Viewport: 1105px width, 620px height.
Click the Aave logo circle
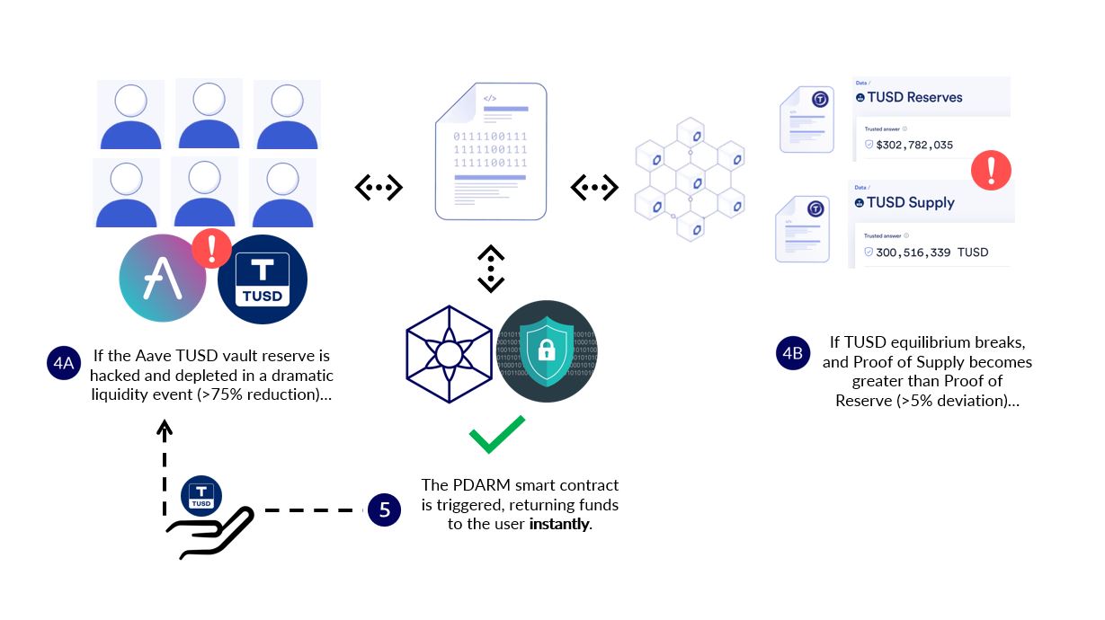(164, 277)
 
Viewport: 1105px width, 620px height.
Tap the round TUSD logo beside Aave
(262, 279)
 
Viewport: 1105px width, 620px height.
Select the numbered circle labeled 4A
(63, 364)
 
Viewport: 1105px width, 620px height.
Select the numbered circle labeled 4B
(792, 352)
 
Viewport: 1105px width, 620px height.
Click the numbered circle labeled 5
(384, 510)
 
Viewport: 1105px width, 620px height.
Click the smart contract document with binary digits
(491, 151)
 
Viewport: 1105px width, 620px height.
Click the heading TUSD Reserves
(913, 97)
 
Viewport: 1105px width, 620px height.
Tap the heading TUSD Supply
(910, 202)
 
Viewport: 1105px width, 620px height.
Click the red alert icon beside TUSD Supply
(991, 169)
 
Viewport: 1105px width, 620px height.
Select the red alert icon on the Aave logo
(212, 248)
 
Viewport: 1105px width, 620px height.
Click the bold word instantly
(559, 524)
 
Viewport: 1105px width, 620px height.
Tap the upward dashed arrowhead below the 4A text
(165, 429)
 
